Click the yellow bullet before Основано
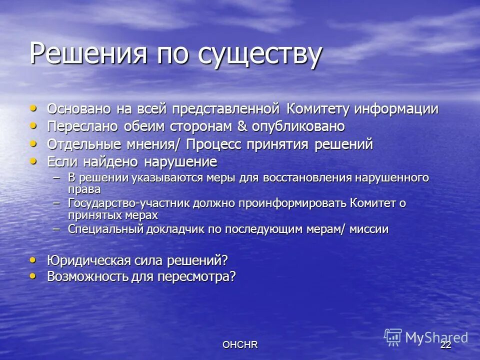pos(33,108)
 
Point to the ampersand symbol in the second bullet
pos(242,126)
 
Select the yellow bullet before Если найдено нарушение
pos(33,161)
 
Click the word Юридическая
pos(89,260)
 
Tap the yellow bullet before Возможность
pos(33,275)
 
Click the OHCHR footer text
pos(240,345)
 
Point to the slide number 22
pos(446,345)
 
